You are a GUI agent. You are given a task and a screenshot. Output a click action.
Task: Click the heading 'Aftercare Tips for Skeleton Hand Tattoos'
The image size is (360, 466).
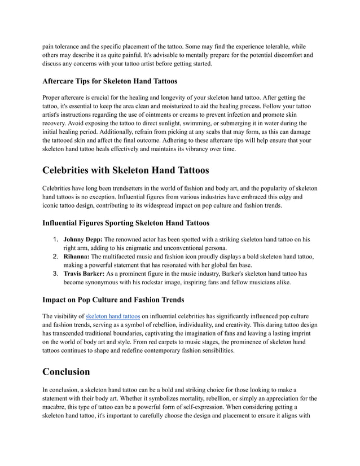point(110,81)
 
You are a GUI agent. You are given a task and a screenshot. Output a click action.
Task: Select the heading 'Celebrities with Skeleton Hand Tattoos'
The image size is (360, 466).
point(126,169)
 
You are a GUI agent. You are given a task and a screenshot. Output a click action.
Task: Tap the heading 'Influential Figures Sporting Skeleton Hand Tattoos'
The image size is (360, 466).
point(126,223)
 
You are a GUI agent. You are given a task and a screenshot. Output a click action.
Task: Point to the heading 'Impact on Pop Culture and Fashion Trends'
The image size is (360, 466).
point(113,300)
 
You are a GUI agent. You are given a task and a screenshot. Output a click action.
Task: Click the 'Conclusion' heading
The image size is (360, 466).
point(67,372)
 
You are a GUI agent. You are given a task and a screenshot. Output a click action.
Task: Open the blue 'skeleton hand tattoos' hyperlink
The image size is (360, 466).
point(112,316)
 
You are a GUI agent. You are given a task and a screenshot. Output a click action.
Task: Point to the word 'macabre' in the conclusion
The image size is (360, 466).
point(58,407)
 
